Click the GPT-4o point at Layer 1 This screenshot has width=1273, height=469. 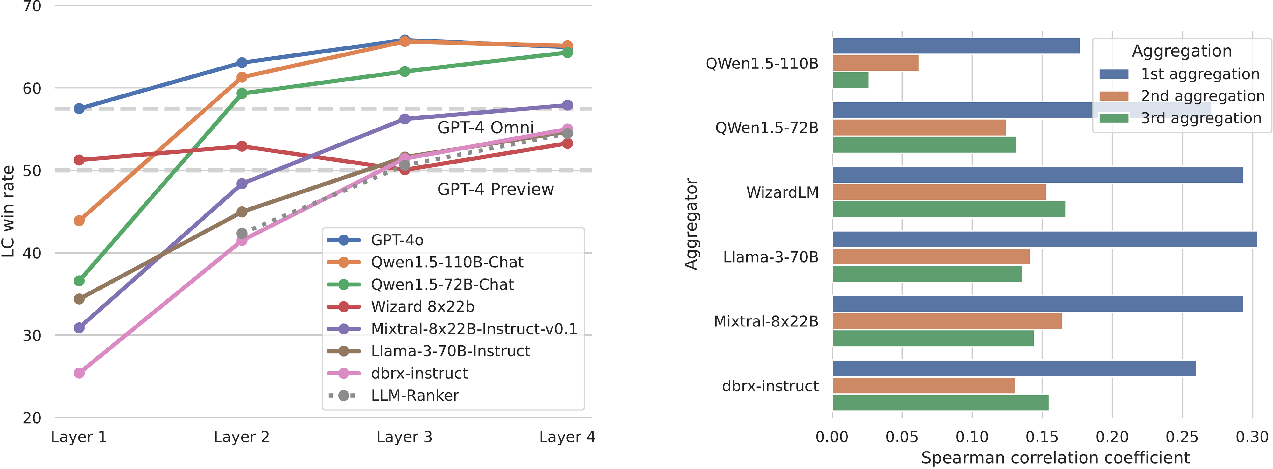point(79,108)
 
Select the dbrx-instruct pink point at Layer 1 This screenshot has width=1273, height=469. point(79,373)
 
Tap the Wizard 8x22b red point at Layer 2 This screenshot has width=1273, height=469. point(242,146)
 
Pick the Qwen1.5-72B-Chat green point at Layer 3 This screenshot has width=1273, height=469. point(404,71)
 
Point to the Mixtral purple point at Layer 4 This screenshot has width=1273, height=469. point(567,105)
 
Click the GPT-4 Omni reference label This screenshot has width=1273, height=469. point(485,128)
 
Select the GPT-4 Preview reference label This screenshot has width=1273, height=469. point(495,189)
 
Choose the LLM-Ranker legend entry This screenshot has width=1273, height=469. point(414,395)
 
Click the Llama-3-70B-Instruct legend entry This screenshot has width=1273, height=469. point(450,351)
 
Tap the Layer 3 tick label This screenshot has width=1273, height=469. point(404,437)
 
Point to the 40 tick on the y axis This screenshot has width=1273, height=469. point(32,253)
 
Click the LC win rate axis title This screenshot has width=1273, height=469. point(8,212)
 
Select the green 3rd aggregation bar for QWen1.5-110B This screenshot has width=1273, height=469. point(850,80)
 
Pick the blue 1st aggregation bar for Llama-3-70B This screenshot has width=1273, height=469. point(1044,239)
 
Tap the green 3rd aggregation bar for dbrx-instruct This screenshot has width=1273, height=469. point(940,403)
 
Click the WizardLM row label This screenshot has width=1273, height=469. point(782,192)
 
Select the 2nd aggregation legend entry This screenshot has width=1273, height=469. point(1202,96)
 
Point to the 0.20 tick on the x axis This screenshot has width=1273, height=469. point(1112,437)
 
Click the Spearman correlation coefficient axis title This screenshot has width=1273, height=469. point(1055,458)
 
